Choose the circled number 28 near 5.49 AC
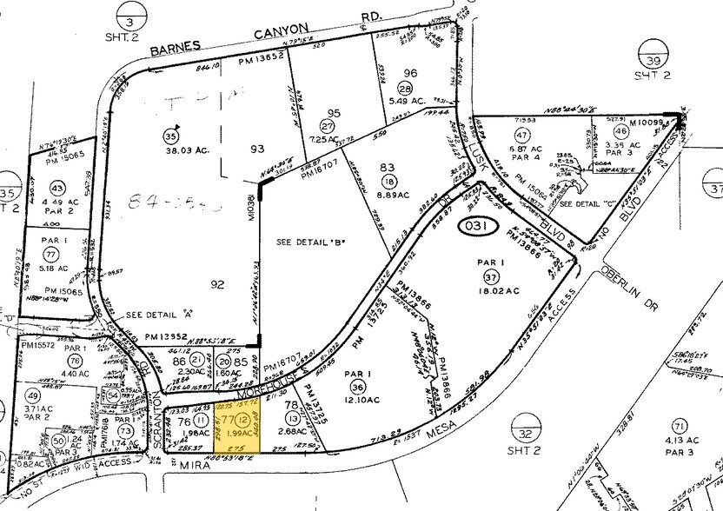[x=405, y=89]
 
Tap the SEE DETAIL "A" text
[x=154, y=315]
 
